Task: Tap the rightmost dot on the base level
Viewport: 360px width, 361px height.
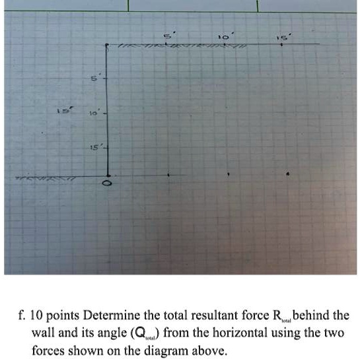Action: [287, 174]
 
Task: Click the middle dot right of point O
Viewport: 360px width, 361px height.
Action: [228, 174]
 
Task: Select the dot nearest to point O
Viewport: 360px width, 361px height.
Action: [168, 175]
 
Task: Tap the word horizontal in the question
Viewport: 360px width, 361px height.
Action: [258, 333]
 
